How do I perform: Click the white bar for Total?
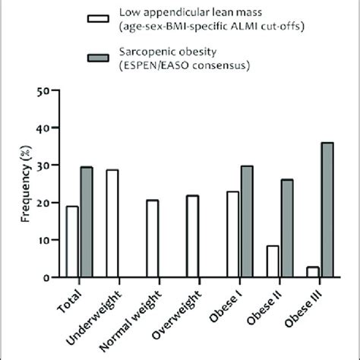point(72,242)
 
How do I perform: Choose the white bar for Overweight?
point(192,236)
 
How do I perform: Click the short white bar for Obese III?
point(311,272)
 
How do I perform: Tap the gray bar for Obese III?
point(326,210)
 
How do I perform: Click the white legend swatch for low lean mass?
point(99,21)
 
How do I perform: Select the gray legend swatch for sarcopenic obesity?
point(99,59)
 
